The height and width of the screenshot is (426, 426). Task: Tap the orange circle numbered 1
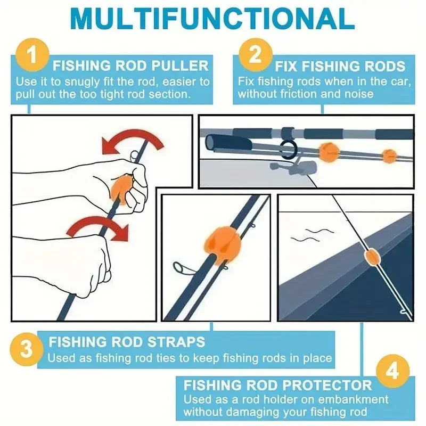click(32, 55)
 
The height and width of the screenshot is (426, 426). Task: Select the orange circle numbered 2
click(255, 55)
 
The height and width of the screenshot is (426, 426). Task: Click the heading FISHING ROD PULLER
click(130, 67)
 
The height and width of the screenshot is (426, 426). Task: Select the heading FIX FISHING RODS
click(340, 67)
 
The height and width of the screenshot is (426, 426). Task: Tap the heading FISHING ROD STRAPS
click(127, 341)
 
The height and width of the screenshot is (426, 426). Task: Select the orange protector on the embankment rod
click(371, 256)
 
